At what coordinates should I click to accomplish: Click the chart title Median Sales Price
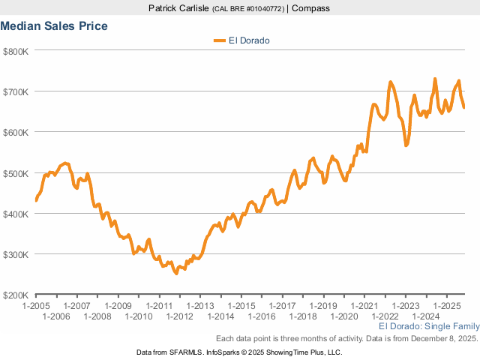pyautogui.click(x=54, y=26)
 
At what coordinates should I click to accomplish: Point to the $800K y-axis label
pyautogui.click(x=16, y=51)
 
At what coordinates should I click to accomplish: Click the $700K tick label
pyautogui.click(x=16, y=91)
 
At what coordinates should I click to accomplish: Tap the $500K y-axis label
pyautogui.click(x=16, y=173)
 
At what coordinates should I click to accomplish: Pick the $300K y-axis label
pyautogui.click(x=16, y=254)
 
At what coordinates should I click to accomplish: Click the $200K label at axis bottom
pyautogui.click(x=16, y=295)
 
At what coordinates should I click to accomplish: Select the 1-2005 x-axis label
pyautogui.click(x=36, y=306)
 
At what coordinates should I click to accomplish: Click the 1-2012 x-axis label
pyautogui.click(x=179, y=316)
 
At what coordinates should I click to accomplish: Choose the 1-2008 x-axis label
pyautogui.click(x=97, y=316)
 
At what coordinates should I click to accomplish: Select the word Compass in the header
pyautogui.click(x=310, y=8)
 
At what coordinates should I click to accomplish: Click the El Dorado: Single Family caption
pyautogui.click(x=428, y=327)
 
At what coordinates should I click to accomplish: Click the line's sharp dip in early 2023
pyautogui.click(x=406, y=145)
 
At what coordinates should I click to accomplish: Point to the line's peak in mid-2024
pyautogui.click(x=435, y=79)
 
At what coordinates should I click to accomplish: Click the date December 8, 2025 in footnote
pyautogui.click(x=443, y=339)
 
